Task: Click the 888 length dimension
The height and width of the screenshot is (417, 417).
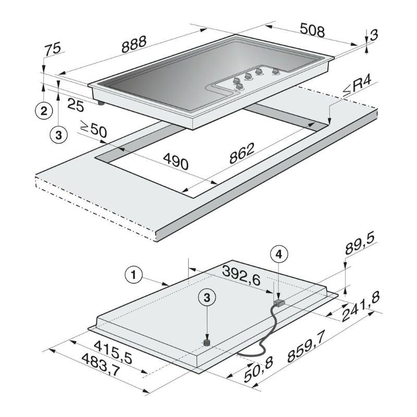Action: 134,44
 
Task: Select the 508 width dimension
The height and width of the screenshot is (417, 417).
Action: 312,30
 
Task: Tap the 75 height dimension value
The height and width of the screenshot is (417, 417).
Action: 53,49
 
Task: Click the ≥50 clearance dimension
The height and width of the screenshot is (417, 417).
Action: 93,129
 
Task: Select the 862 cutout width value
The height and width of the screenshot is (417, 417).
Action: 242,153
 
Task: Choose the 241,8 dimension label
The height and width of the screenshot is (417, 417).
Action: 360,306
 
